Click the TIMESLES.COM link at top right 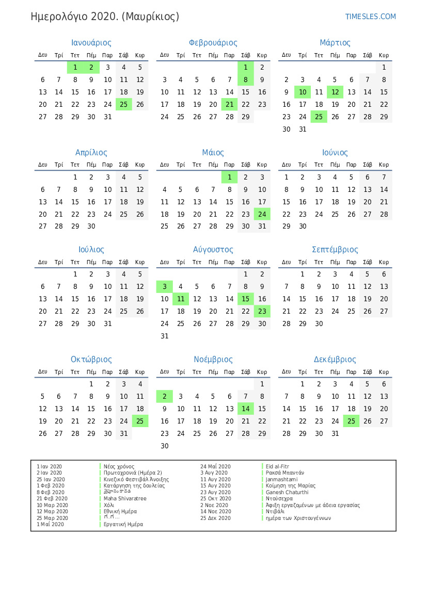(x=370, y=17)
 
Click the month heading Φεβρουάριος (x=213, y=43)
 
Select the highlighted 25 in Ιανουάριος (x=124, y=104)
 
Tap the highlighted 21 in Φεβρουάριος (x=230, y=104)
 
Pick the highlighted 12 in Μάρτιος (x=335, y=92)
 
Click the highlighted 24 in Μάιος (x=262, y=214)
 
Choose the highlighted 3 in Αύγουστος (x=165, y=287)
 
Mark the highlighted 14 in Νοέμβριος (x=246, y=409)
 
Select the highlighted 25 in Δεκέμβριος (x=352, y=421)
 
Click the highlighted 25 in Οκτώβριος (x=140, y=421)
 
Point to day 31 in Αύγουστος (x=165, y=336)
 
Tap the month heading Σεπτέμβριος (x=335, y=250)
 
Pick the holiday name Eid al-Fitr (x=277, y=466)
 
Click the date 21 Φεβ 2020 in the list (x=52, y=499)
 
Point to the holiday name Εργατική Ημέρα (x=123, y=525)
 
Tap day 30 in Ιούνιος (x=303, y=226)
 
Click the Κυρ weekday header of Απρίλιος (x=140, y=165)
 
